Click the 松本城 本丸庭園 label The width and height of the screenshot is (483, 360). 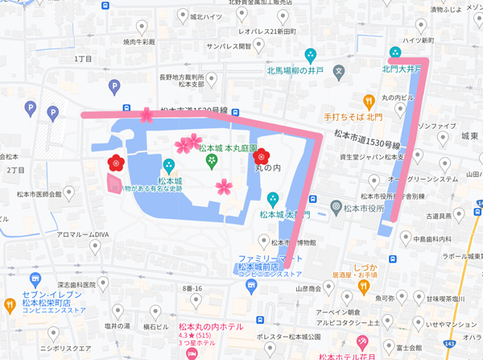[x=228, y=148]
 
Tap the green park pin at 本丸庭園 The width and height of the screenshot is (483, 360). [x=212, y=162]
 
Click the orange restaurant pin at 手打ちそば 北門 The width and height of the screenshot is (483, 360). [x=368, y=101]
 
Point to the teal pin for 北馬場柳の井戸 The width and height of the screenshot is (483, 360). [x=311, y=56]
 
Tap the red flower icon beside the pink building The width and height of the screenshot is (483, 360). [x=114, y=163]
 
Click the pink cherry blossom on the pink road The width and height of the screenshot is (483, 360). [x=146, y=115]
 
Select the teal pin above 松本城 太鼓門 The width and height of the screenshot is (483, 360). [x=273, y=198]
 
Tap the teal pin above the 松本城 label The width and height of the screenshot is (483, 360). [x=168, y=165]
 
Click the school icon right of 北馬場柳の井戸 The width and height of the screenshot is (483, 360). [x=340, y=71]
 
